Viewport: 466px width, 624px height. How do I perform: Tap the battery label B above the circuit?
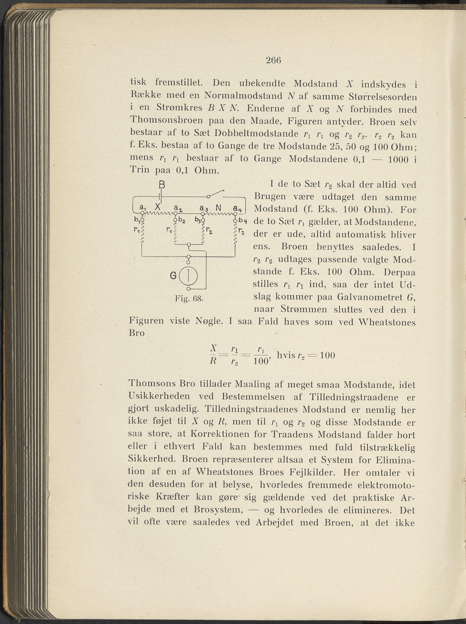(162, 185)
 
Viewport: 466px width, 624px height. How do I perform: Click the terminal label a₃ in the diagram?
(204, 208)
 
